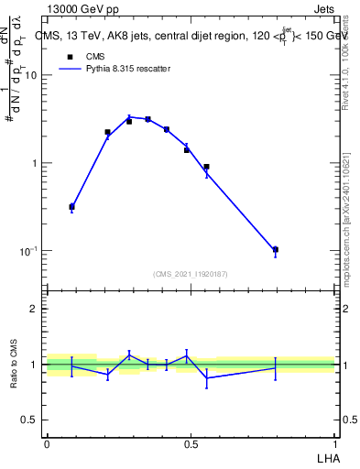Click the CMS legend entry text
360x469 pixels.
click(95, 56)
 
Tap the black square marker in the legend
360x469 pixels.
click(70, 56)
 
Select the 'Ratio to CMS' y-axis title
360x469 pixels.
click(15, 364)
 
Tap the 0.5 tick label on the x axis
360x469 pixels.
click(191, 443)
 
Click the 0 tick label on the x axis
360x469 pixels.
click(47, 443)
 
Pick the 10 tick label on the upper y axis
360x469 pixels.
click(30, 76)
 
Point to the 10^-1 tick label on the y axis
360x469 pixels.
click(27, 250)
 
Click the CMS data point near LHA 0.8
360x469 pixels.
click(276, 249)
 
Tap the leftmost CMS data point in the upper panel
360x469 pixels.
click(71, 207)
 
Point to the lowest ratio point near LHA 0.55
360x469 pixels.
click(207, 377)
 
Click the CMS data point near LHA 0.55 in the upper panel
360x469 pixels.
click(207, 167)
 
